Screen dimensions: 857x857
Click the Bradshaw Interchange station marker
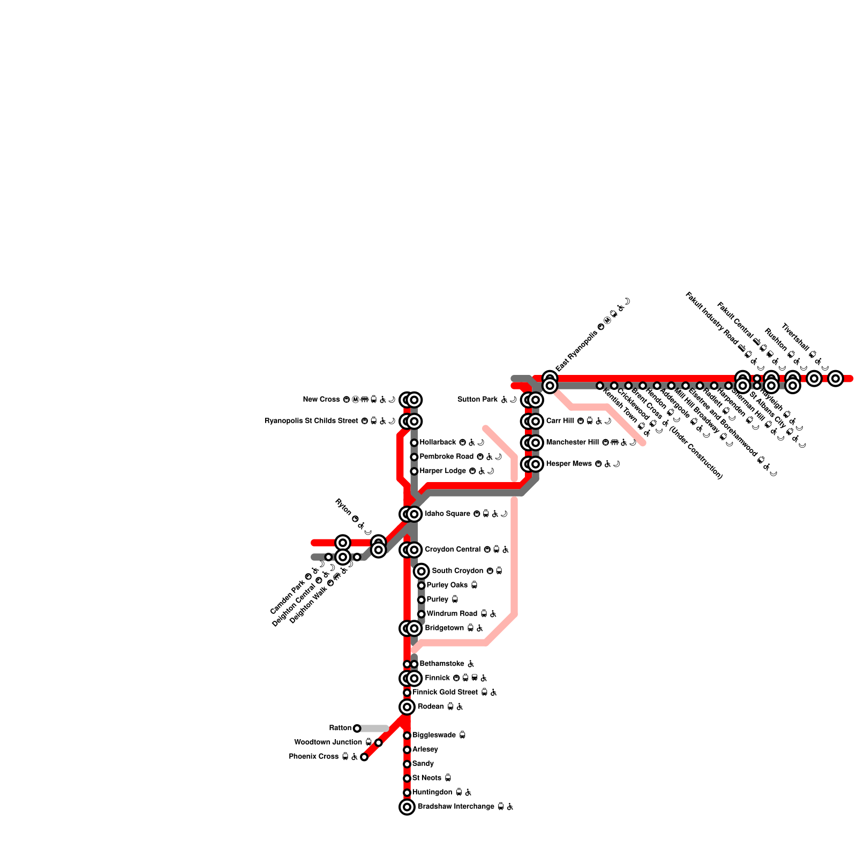407,807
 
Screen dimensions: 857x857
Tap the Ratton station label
340,728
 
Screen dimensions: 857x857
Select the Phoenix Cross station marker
364,757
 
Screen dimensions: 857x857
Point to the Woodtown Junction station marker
379,742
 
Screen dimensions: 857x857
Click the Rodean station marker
407,707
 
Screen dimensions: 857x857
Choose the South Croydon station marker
422,571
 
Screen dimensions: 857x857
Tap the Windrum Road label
452,614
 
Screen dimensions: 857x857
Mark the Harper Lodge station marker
414,471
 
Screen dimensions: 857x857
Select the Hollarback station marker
414,442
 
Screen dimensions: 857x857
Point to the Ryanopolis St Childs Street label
311,421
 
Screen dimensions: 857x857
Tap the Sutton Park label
477,400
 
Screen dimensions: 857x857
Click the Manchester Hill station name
572,442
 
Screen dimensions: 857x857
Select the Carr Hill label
560,421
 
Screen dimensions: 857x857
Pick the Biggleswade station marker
407,735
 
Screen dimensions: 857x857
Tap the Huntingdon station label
432,792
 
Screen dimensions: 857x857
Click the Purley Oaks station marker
422,585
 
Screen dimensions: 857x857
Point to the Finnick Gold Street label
445,693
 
